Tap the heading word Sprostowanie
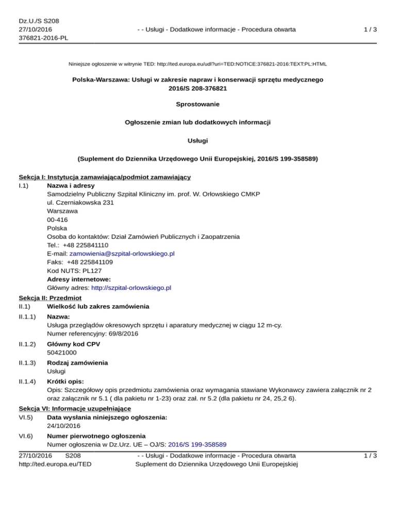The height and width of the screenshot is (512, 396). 197,104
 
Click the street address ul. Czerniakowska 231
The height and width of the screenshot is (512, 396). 80,202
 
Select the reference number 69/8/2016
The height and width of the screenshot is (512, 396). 122,334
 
